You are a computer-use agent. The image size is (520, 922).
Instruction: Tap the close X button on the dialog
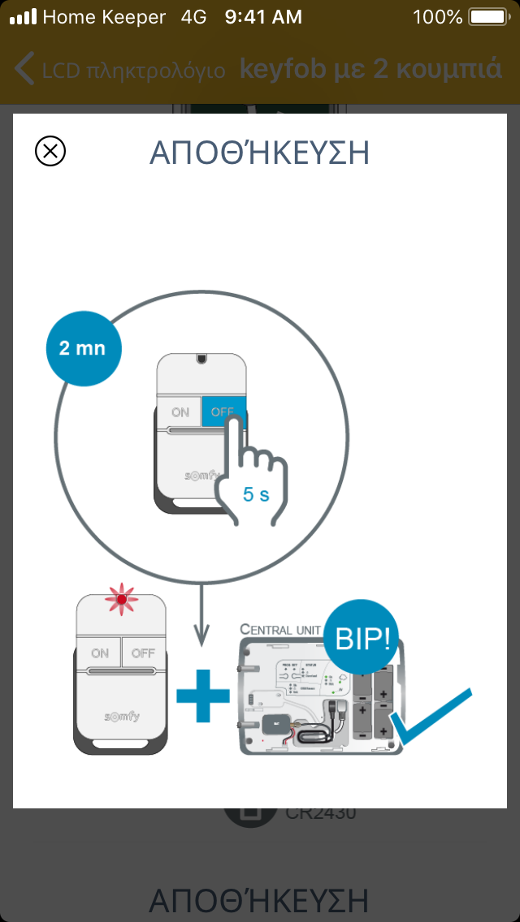[50, 151]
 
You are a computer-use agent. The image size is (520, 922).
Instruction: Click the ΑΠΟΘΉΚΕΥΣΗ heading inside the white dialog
[259, 153]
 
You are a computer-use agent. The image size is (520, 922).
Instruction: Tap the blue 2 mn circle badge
[83, 348]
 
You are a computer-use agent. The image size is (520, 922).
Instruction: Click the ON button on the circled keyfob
[180, 412]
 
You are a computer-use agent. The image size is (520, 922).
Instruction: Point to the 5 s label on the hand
[256, 493]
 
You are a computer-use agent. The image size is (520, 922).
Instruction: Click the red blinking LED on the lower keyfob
[121, 601]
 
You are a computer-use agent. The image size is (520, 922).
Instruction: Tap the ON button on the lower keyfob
[100, 653]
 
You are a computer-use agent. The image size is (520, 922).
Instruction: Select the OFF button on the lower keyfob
[143, 653]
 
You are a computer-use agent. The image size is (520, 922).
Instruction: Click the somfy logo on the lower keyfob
[121, 717]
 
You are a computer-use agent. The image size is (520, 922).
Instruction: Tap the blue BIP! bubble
[362, 639]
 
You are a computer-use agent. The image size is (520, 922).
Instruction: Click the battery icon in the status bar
[488, 16]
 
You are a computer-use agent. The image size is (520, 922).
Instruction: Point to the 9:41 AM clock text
[263, 16]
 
